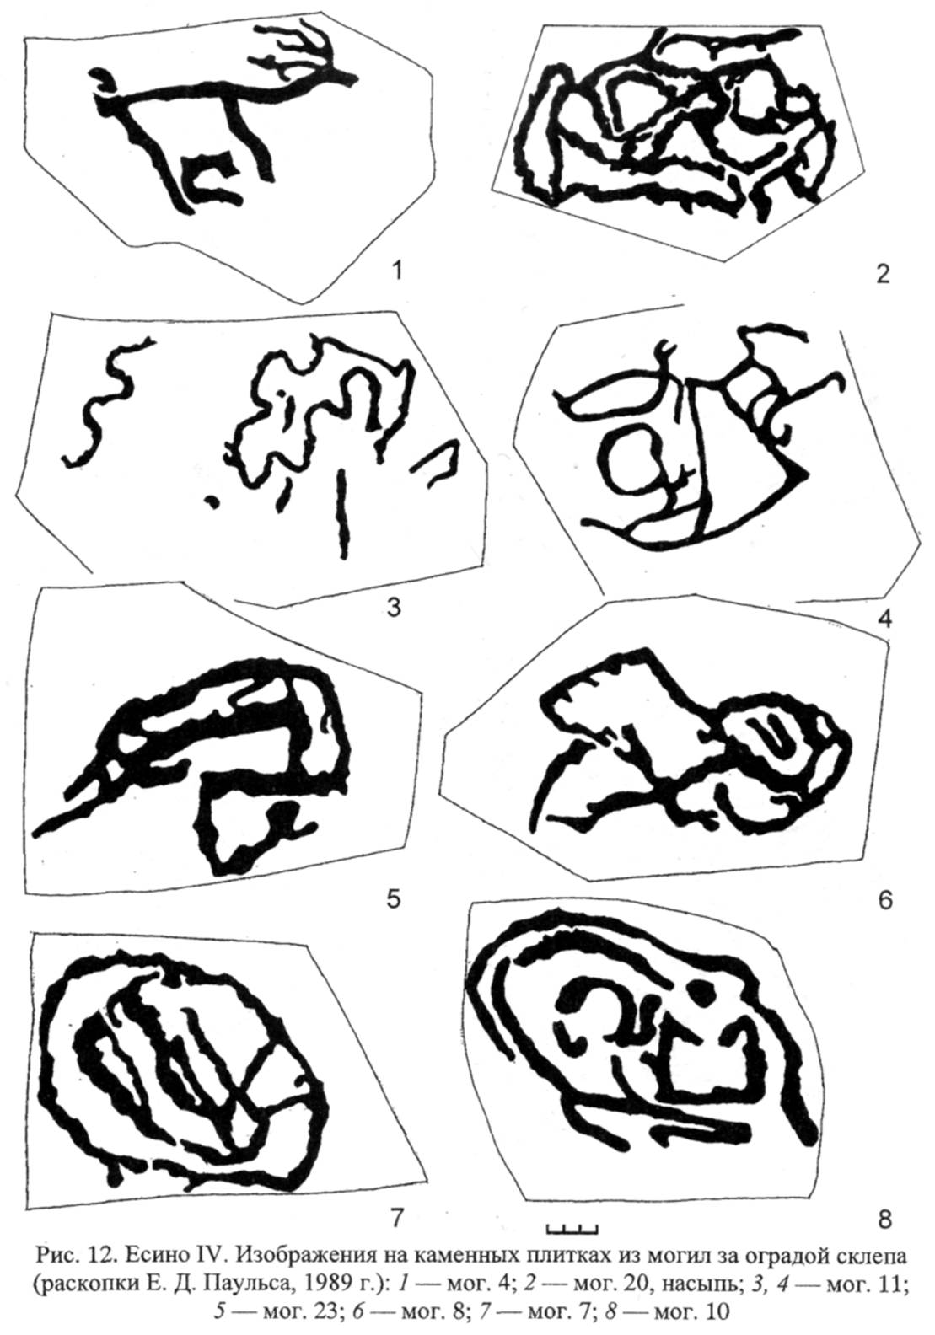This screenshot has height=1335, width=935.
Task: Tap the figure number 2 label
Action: click(883, 274)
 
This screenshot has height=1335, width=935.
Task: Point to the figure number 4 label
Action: click(884, 619)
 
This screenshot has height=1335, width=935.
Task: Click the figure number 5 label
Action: click(393, 898)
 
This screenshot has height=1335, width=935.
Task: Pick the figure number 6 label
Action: click(884, 900)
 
